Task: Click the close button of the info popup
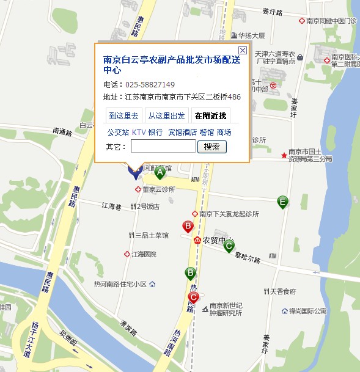(243, 50)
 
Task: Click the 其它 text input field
(163, 147)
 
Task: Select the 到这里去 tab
(124, 115)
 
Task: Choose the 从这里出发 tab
(166, 115)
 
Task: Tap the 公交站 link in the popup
(118, 132)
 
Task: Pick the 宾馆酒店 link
(182, 132)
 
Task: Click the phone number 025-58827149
(150, 84)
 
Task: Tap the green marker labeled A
(160, 173)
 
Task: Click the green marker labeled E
(282, 201)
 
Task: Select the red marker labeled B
(188, 227)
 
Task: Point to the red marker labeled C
(194, 298)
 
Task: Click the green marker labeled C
(229, 246)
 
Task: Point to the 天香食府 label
(284, 291)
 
